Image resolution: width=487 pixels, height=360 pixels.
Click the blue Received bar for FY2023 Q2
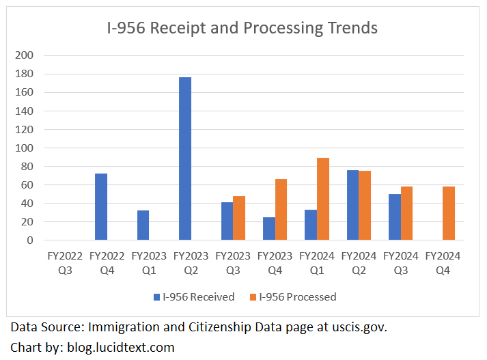[185, 158]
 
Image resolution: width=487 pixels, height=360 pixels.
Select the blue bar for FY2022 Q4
[101, 206]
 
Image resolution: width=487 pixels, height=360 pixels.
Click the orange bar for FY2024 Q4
[449, 213]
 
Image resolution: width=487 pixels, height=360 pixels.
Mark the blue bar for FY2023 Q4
[269, 228]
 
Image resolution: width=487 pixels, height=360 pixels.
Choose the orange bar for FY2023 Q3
[239, 218]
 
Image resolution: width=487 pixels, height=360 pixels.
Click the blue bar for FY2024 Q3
[395, 217]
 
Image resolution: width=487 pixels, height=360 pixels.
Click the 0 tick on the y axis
[30, 240]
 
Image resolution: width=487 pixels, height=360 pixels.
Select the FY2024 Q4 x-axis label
[443, 263]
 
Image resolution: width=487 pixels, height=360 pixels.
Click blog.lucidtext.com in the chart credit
[120, 347]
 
